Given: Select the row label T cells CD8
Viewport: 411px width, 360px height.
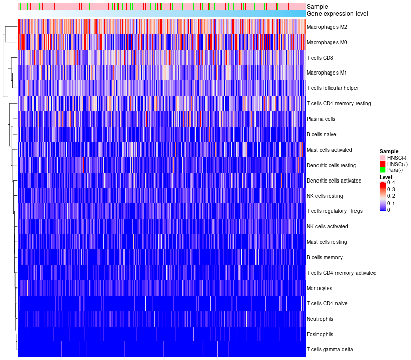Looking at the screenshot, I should (320, 58).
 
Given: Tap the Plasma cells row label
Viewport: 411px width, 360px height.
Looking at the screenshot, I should (321, 119).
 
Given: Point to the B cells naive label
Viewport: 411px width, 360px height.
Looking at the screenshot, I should (321, 135).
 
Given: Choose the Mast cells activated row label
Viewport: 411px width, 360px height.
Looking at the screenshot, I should (329, 150).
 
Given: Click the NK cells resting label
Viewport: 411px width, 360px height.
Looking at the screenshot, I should (325, 196).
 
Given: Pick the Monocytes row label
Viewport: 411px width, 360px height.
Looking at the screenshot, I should (320, 288).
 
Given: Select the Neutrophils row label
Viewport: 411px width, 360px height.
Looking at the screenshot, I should (321, 319).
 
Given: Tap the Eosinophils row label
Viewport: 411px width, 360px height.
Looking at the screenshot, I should (320, 334).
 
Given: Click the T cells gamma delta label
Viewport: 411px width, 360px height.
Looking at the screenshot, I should (330, 350).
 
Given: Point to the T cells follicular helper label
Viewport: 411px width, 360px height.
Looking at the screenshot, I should (332, 88).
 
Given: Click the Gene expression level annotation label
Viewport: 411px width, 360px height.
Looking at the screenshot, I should (337, 14).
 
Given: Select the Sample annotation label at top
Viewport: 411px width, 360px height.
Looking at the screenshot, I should (317, 7).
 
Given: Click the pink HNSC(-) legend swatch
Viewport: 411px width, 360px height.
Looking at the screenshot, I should (382, 157).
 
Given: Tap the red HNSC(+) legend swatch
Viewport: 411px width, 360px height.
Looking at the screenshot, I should (382, 164).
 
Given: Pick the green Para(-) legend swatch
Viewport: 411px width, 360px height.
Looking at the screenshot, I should (382, 170).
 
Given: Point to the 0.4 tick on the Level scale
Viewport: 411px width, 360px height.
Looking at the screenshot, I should (391, 183).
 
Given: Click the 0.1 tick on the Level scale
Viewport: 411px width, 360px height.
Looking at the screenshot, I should (391, 203).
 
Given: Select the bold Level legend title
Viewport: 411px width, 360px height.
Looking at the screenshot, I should (386, 177).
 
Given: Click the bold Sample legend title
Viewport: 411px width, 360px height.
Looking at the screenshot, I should (389, 151).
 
